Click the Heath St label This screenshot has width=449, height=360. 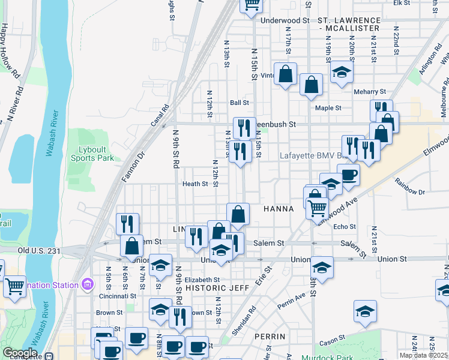tap(195, 184)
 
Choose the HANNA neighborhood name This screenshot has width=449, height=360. tap(279, 209)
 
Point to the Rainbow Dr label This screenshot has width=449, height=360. tap(410, 192)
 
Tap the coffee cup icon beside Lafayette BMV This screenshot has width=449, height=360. tap(348, 175)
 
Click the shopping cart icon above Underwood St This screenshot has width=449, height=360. tap(252, 5)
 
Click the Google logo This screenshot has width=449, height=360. tap(20, 353)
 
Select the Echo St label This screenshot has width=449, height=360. tap(345, 227)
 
